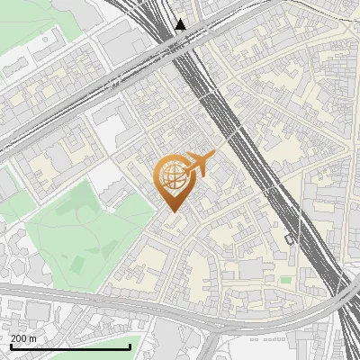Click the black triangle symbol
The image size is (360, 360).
point(181,24)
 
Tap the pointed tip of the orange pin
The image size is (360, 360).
point(170,212)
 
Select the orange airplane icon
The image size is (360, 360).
point(198,165)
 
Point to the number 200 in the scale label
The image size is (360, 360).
point(19,338)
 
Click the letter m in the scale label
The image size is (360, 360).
point(33,338)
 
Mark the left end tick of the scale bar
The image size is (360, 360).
point(10,346)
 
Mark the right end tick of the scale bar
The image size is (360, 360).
point(130,346)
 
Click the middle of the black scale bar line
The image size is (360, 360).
point(70,346)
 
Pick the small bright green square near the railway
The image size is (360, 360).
point(285,280)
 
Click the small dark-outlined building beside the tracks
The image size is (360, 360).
point(289,239)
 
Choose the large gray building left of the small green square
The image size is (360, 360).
point(253,269)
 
